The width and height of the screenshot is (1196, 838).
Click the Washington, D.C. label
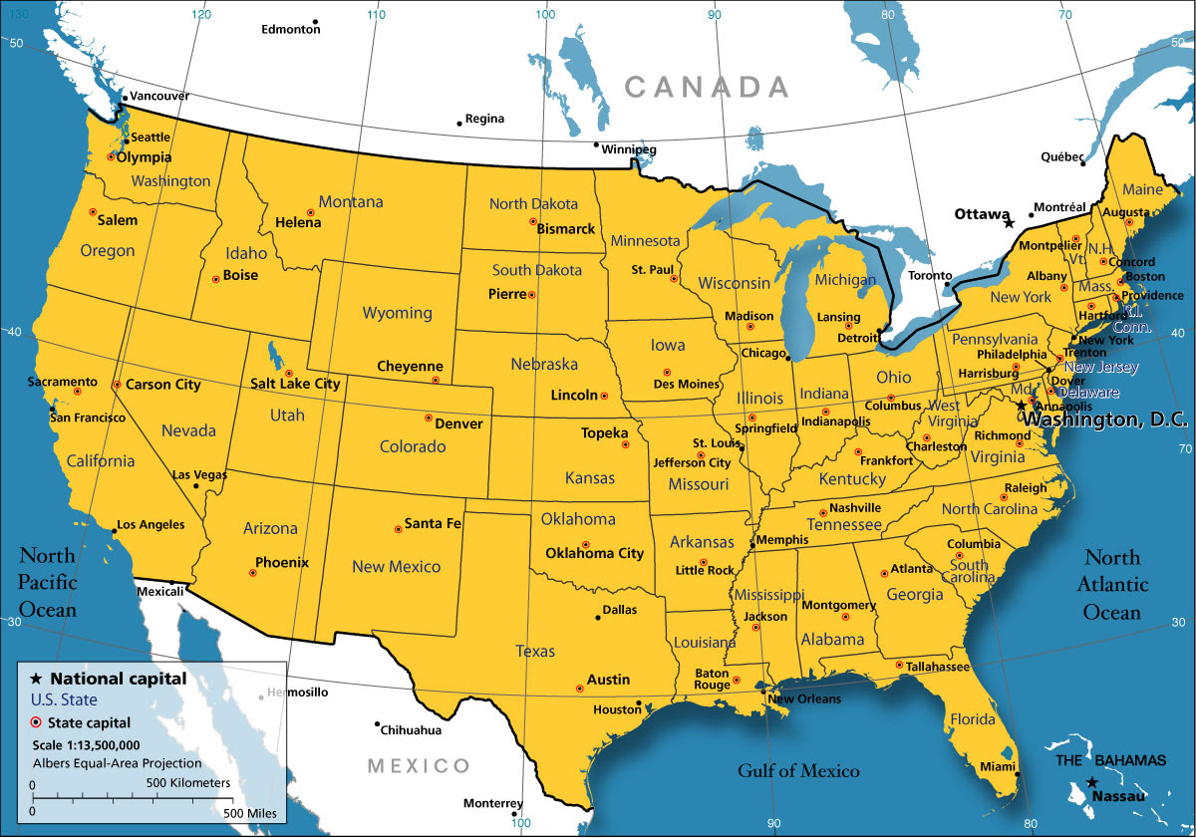pos(1106,420)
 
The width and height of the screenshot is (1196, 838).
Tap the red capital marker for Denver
pos(429,418)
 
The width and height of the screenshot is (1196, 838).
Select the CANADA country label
pos(707,87)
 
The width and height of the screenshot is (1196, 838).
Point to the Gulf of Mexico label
pos(797,770)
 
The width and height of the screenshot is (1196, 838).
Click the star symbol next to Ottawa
pos(1009,223)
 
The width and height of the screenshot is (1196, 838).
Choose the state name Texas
pos(535,652)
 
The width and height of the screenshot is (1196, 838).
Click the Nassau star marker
pos(1092,782)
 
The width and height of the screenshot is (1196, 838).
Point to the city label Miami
pos(996,766)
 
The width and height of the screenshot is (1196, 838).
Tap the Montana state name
pos(351,202)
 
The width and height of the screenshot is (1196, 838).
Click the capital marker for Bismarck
pos(533,221)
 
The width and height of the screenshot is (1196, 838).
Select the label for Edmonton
pos(290,30)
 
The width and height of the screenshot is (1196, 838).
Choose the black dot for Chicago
pos(788,358)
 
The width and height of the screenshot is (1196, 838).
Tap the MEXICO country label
pos(418,766)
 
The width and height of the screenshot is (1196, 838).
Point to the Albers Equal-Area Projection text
pos(117,763)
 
